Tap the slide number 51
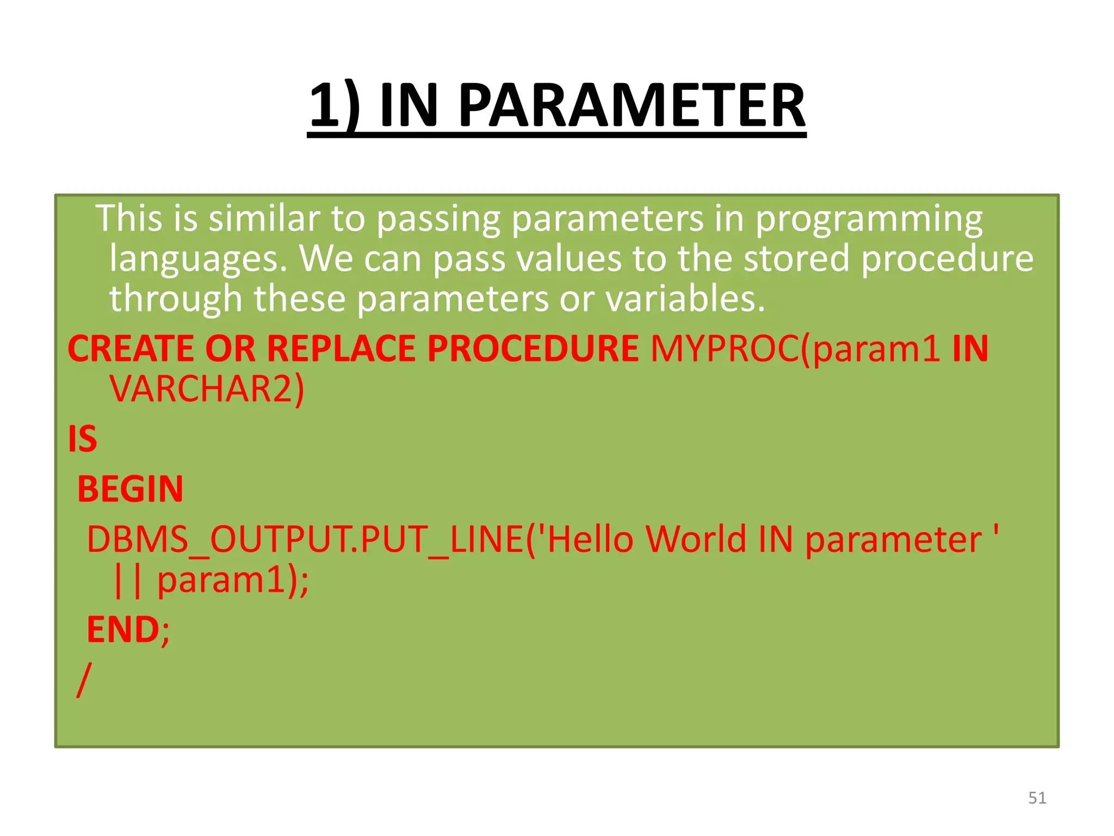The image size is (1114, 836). tap(1037, 798)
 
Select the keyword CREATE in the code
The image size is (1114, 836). tap(131, 348)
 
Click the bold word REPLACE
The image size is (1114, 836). tap(341, 348)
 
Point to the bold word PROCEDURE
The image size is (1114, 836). tap(533, 348)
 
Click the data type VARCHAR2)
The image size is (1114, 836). tap(207, 389)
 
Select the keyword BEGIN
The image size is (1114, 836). tap(131, 489)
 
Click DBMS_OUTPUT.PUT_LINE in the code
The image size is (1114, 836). tap(305, 540)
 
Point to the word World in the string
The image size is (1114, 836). tap(696, 540)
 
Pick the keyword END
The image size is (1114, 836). tap(123, 630)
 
